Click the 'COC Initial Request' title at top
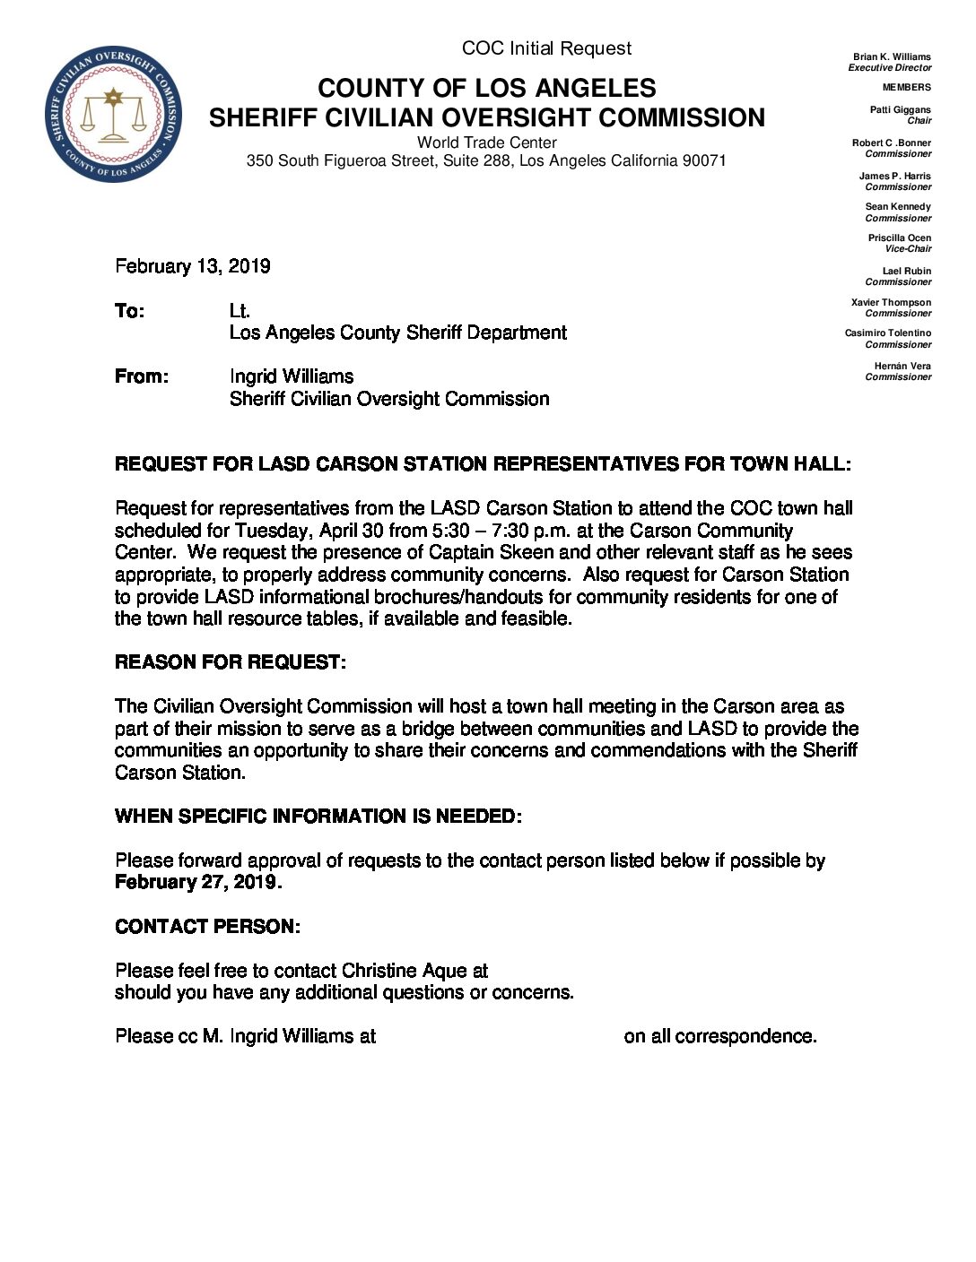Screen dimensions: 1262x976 pos(546,48)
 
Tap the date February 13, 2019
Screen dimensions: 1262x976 pos(193,266)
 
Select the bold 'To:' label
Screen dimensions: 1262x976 pos(129,311)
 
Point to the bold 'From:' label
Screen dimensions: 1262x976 pos(142,376)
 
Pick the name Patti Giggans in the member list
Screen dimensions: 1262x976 pos(900,109)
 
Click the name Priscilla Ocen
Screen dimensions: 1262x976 pos(899,238)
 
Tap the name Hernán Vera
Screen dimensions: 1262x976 pos(902,366)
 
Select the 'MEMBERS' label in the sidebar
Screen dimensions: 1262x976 pos(906,87)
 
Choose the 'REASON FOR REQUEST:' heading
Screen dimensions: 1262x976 pos(231,662)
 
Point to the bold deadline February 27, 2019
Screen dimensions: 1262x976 pos(198,882)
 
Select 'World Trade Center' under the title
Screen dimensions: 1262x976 pos(486,143)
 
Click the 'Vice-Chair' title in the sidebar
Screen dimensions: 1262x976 pos(908,248)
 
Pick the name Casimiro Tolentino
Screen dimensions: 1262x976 pos(887,333)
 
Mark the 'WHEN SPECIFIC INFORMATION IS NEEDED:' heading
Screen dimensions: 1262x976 pos(318,817)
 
